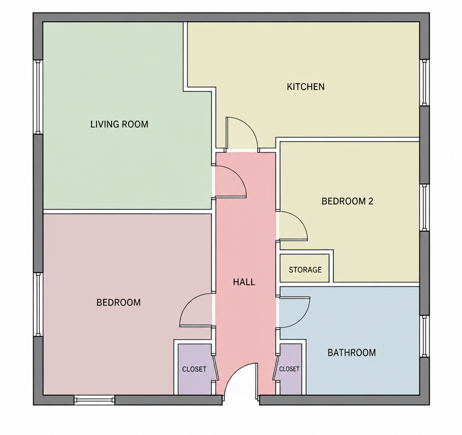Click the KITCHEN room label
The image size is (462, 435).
click(306, 87)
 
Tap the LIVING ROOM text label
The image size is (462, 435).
click(119, 124)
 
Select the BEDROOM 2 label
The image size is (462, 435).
click(348, 201)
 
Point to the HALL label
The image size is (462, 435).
click(244, 282)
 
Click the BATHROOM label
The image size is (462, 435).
click(352, 352)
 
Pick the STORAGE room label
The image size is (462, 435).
click(305, 270)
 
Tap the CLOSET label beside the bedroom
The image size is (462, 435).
click(194, 369)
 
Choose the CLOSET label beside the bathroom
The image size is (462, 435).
click(289, 369)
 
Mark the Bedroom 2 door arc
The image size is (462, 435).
click(300, 219)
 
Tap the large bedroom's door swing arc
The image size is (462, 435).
click(187, 303)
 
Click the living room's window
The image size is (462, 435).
click(38, 97)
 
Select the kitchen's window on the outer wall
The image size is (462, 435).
click(424, 83)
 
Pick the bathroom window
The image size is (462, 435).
click(424, 336)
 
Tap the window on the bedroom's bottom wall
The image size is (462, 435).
click(94, 400)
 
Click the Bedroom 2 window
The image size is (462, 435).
click(424, 208)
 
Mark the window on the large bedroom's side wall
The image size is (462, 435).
click(38, 304)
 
